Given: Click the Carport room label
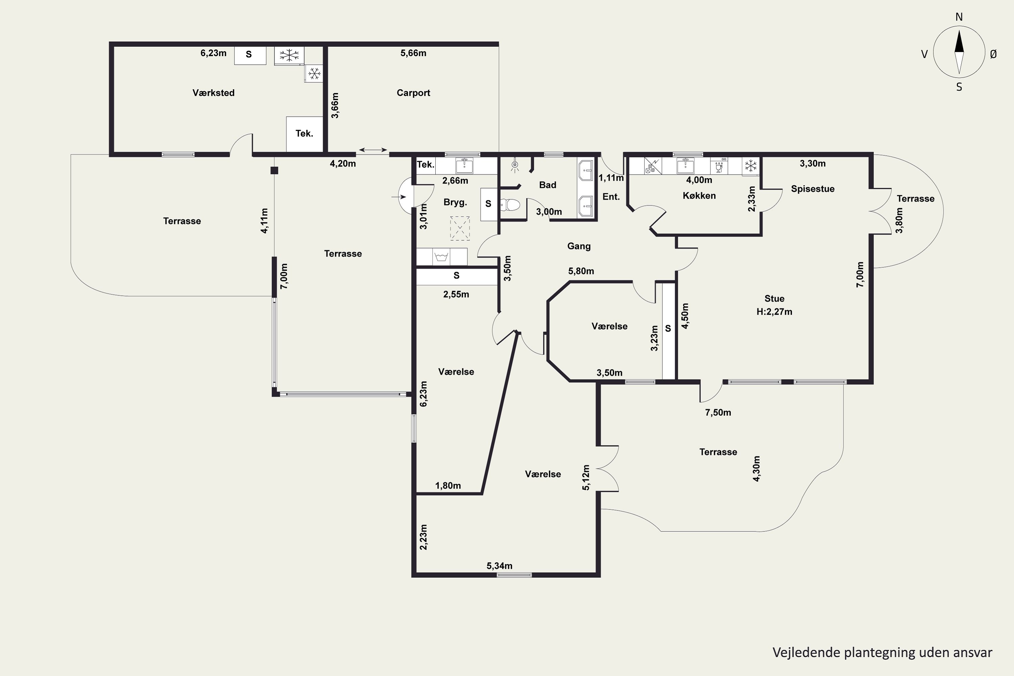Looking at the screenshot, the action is tap(413, 93).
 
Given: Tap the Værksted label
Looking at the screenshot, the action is tap(213, 93).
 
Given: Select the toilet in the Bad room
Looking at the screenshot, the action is tap(510, 204).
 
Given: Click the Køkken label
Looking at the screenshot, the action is tap(699, 196).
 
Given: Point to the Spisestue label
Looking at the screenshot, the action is tap(812, 189).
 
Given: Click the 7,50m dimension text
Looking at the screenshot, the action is tap(718, 413).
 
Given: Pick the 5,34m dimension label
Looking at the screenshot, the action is tap(499, 565).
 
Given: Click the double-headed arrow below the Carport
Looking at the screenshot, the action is tap(373, 150).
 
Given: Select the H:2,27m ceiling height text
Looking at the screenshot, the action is tap(774, 312).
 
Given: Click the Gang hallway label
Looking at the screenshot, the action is tap(579, 246).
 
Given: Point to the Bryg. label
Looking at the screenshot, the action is tap(455, 202).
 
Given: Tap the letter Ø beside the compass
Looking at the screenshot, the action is tap(993, 54).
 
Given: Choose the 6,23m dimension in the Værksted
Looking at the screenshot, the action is tap(213, 53).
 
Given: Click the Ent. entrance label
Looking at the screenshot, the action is tap(611, 197).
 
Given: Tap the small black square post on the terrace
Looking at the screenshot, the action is tap(274, 170).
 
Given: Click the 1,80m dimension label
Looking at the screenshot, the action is tap(448, 486).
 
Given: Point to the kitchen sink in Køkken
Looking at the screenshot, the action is tap(685, 166).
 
